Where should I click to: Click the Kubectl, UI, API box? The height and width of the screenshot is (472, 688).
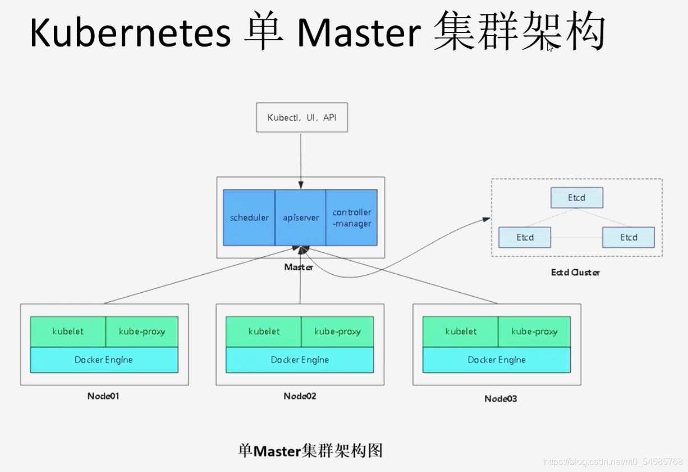pos(302,117)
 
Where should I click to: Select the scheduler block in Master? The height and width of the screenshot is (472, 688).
pos(249,217)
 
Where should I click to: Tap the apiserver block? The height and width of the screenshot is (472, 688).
pos(301,217)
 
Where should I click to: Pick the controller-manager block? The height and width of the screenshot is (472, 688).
pos(352,217)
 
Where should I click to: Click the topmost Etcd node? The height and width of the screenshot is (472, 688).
pos(576,198)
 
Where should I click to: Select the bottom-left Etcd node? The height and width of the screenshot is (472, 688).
pos(525,237)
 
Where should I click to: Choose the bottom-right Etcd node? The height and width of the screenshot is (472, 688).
pos(629,237)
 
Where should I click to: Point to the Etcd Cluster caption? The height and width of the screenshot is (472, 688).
pos(575,273)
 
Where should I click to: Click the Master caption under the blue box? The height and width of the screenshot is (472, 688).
pos(299,267)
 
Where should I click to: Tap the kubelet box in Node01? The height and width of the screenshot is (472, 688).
pos(68,332)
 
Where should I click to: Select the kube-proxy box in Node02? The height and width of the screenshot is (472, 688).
pos(337,332)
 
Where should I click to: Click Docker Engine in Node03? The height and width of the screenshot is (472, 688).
pos(497,360)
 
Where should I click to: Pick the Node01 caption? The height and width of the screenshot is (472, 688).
pos(103,396)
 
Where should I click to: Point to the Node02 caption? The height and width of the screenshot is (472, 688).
pos(300,396)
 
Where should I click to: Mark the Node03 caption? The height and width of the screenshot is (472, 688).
pos(501,399)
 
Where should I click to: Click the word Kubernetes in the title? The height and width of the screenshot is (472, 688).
pos(130,33)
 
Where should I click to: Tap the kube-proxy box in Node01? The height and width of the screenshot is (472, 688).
pos(142,332)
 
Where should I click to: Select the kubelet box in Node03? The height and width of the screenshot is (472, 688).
pos(461,332)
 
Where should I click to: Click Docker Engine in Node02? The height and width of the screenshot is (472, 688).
pos(300,360)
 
